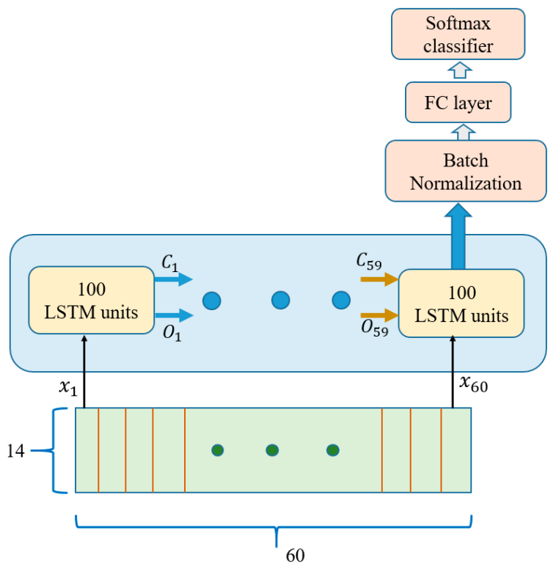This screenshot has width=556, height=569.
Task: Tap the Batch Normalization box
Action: [465, 171]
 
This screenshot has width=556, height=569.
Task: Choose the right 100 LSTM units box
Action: [461, 303]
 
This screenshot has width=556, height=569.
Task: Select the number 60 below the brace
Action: [295, 555]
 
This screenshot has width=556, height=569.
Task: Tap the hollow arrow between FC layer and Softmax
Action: [460, 70]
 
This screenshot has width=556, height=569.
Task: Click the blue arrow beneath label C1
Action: [173, 279]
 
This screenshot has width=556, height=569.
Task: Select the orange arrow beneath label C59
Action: [378, 279]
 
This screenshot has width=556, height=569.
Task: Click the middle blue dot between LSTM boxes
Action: [280, 300]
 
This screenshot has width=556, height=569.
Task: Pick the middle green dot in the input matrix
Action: [272, 449]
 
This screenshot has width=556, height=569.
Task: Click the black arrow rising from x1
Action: [84, 370]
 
